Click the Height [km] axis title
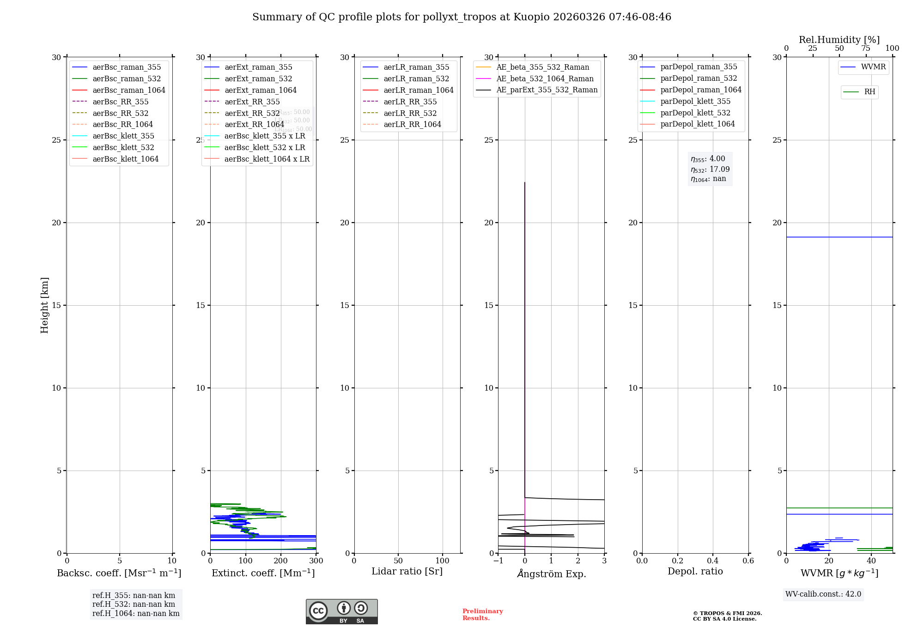click(44, 305)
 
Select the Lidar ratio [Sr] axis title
click(407, 571)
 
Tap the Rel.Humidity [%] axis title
click(839, 40)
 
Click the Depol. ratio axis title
click(695, 571)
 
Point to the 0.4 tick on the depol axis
click(713, 561)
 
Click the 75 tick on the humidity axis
click(866, 48)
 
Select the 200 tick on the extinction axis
click(281, 561)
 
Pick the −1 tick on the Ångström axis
click(498, 561)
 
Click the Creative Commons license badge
click(341, 611)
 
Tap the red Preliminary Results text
click(482, 615)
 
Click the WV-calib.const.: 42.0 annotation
click(823, 594)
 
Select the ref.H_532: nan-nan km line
click(134, 604)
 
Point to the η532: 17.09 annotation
click(710, 169)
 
